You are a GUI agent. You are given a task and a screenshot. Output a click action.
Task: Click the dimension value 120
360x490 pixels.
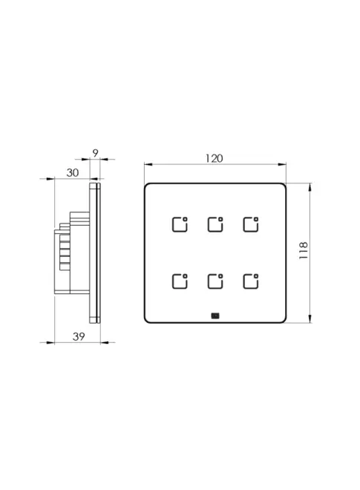coord(214,158)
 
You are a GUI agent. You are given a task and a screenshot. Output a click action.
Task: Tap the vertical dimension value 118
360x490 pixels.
coord(304,250)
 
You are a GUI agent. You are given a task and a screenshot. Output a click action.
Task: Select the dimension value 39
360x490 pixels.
coord(79,336)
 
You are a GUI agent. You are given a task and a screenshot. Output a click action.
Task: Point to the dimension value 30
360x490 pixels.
coord(73,172)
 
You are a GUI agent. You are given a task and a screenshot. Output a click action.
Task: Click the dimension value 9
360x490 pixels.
coord(95,153)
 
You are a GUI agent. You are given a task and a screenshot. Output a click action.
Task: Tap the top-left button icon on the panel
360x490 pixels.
coord(180,224)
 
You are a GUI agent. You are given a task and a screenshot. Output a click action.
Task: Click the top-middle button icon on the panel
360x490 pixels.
coord(215,224)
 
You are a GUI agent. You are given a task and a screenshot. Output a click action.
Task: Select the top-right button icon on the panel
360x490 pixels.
coord(251,224)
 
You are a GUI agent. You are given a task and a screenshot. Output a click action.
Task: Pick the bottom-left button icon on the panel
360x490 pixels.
coord(180,281)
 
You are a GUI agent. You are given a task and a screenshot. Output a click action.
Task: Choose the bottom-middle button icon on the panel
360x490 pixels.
coord(215,281)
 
